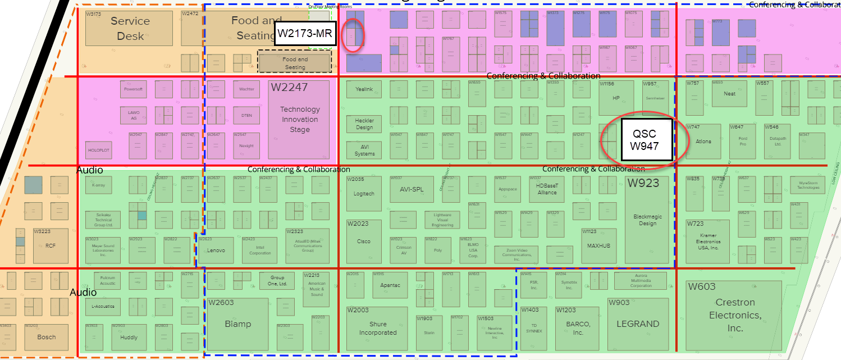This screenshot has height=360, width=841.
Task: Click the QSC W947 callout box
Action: pyautogui.click(x=645, y=140)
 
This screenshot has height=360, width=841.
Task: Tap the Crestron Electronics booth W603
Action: pyautogui.click(x=734, y=315)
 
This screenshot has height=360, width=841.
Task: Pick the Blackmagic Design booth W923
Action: pyautogui.click(x=647, y=220)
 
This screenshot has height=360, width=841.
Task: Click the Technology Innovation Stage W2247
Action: pyautogui.click(x=300, y=120)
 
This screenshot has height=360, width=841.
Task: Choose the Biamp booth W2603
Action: pyautogui.click(x=237, y=324)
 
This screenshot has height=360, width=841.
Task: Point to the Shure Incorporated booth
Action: pyautogui.click(x=378, y=329)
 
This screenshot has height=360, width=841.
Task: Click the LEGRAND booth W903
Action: pyautogui.click(x=638, y=325)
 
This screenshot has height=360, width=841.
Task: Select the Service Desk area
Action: pyautogui.click(x=129, y=29)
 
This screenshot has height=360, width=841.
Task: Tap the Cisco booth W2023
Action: pyautogui.click(x=364, y=241)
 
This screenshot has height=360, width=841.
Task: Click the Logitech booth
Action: pyautogui.click(x=364, y=194)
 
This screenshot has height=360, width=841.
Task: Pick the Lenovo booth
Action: pyautogui.click(x=216, y=250)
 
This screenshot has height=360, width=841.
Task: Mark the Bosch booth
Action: pyautogui.click(x=47, y=337)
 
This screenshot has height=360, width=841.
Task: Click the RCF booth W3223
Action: pyautogui.click(x=51, y=245)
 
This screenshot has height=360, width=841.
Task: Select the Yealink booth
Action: pyautogui.click(x=364, y=89)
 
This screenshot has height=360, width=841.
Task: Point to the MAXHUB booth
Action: pyautogui.click(x=598, y=246)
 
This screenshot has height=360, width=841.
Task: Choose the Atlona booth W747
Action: pyautogui.click(x=703, y=141)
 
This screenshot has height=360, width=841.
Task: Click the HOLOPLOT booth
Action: pyautogui.click(x=99, y=150)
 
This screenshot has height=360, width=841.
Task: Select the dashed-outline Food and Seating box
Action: pyautogui.click(x=295, y=62)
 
